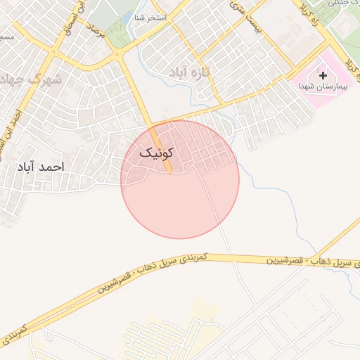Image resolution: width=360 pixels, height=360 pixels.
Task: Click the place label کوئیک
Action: pyautogui.click(x=154, y=153)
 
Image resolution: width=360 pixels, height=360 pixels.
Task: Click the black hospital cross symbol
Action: pyautogui.click(x=323, y=75)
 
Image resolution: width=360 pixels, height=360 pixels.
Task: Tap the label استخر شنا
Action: pyautogui.click(x=152, y=16)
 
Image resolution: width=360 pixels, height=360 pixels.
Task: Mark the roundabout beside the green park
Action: pyautogui.click(x=117, y=54)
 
